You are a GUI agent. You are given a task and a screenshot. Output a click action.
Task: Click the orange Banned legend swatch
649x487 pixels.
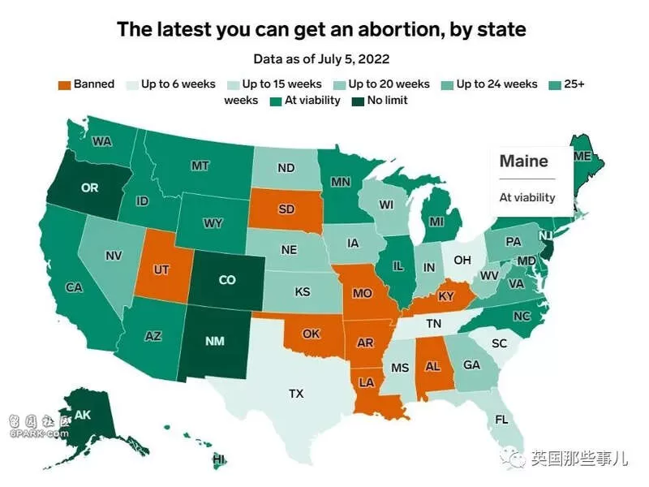(65, 85)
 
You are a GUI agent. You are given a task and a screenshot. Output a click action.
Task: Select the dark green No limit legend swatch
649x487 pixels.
(358, 101)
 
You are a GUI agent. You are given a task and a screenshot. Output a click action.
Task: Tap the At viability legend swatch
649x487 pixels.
(275, 101)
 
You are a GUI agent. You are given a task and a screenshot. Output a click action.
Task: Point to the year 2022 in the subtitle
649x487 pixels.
(374, 58)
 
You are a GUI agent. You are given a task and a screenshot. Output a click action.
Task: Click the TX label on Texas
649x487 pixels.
(296, 394)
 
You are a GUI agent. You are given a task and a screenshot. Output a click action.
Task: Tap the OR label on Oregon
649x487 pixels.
(90, 188)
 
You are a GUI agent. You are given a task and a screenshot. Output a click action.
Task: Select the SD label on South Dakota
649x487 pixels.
(286, 209)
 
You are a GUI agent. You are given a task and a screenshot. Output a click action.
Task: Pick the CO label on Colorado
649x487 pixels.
(227, 280)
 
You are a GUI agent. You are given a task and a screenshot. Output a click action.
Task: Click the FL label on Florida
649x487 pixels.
(501, 420)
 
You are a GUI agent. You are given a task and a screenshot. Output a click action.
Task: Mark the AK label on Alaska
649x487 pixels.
(83, 415)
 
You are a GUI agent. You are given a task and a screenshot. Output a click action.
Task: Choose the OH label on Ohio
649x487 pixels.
(462, 260)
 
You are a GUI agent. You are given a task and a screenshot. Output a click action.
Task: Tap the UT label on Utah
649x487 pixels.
(161, 270)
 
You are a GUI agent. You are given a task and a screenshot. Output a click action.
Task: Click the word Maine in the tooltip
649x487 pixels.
(523, 161)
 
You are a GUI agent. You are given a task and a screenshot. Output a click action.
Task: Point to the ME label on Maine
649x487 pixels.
(582, 156)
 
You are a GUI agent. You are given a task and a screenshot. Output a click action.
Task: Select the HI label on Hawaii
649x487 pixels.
(219, 459)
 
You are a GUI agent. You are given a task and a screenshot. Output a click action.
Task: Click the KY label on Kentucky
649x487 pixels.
(446, 296)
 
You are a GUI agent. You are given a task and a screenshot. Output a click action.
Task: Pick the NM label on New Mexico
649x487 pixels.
(215, 341)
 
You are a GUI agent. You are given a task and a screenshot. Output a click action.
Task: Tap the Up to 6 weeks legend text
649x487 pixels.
(178, 84)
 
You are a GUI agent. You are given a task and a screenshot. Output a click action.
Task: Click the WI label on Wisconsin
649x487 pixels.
(386, 205)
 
